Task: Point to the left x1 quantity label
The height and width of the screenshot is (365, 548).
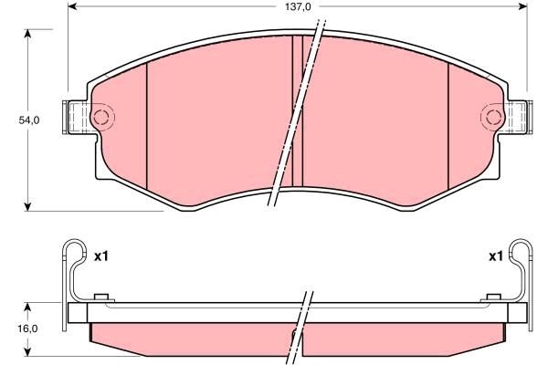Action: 100,256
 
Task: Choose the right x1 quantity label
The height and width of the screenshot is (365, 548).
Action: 496,256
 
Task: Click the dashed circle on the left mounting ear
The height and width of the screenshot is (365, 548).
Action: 102,117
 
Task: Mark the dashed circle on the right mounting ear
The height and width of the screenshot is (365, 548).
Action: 491,117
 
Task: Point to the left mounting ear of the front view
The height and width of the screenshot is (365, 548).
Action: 79,117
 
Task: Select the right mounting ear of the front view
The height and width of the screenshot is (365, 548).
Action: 517,117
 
